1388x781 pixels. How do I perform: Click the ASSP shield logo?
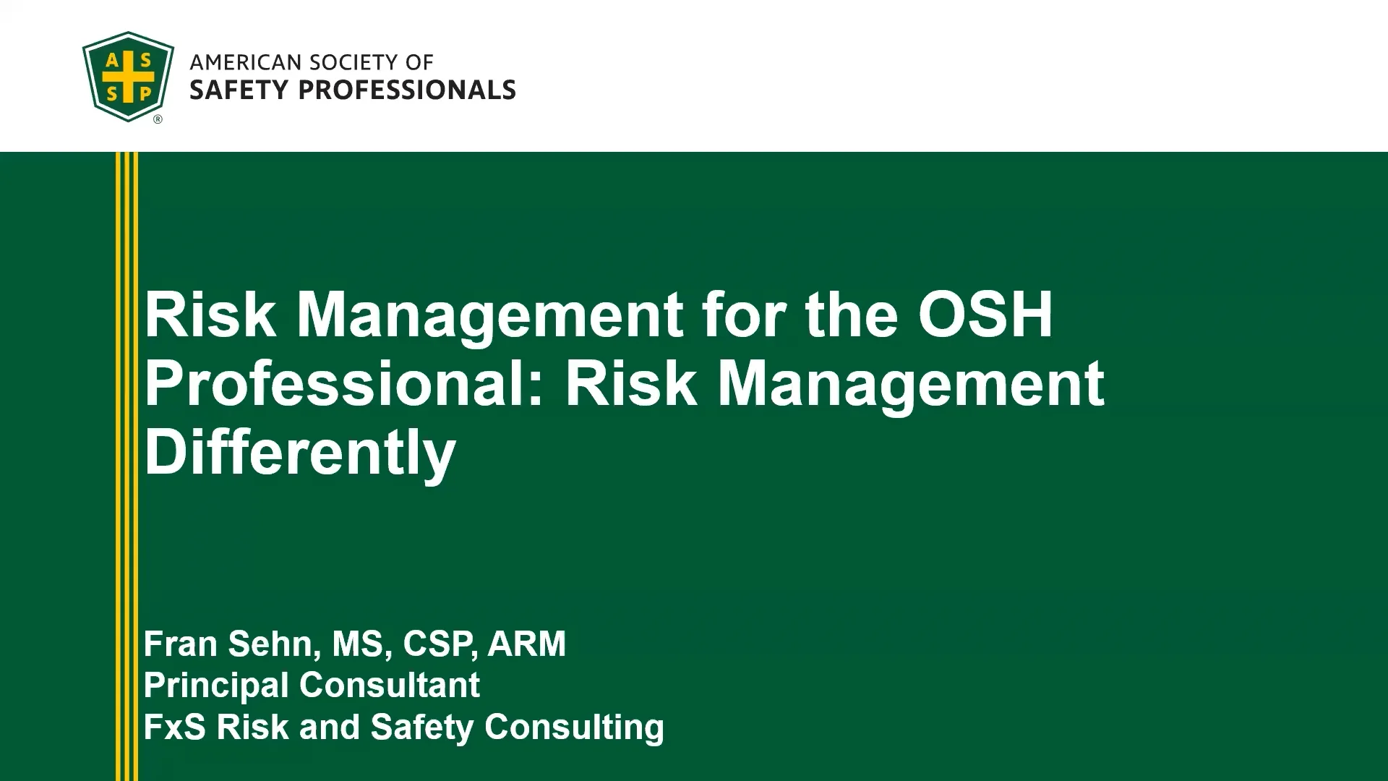tap(128, 76)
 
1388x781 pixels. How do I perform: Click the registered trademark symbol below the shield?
tap(158, 119)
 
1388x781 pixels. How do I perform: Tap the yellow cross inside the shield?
tap(128, 76)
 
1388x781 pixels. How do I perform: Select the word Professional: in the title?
tap(343, 383)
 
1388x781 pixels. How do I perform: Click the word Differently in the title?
tap(300, 452)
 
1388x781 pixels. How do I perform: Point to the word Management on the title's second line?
tap(911, 383)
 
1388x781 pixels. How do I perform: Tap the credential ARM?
tap(526, 644)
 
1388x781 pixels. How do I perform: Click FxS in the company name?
tap(174, 727)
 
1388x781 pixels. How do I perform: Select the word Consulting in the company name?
tap(574, 727)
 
